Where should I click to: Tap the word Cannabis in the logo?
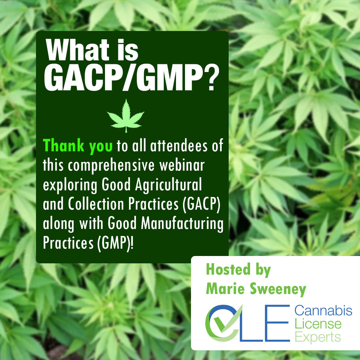click(323, 311)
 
